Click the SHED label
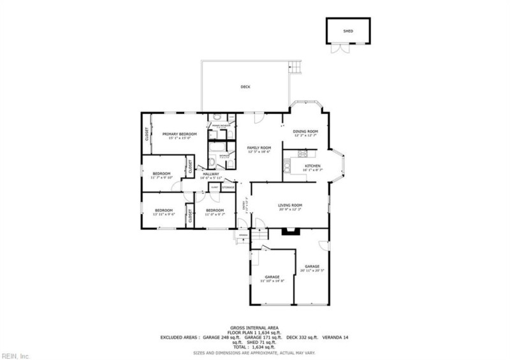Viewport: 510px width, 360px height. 347,31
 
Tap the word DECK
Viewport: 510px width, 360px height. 245,87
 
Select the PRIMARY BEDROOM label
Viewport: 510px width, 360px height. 179,134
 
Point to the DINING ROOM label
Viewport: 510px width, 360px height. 306,131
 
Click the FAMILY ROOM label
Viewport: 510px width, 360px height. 259,148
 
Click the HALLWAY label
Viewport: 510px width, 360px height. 211,174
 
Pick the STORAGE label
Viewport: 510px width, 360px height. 228,187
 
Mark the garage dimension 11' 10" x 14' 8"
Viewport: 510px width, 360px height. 272,281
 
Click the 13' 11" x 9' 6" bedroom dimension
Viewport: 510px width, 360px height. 164,214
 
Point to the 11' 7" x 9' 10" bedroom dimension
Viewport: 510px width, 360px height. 162,178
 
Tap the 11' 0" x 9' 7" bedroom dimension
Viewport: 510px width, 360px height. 214,214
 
